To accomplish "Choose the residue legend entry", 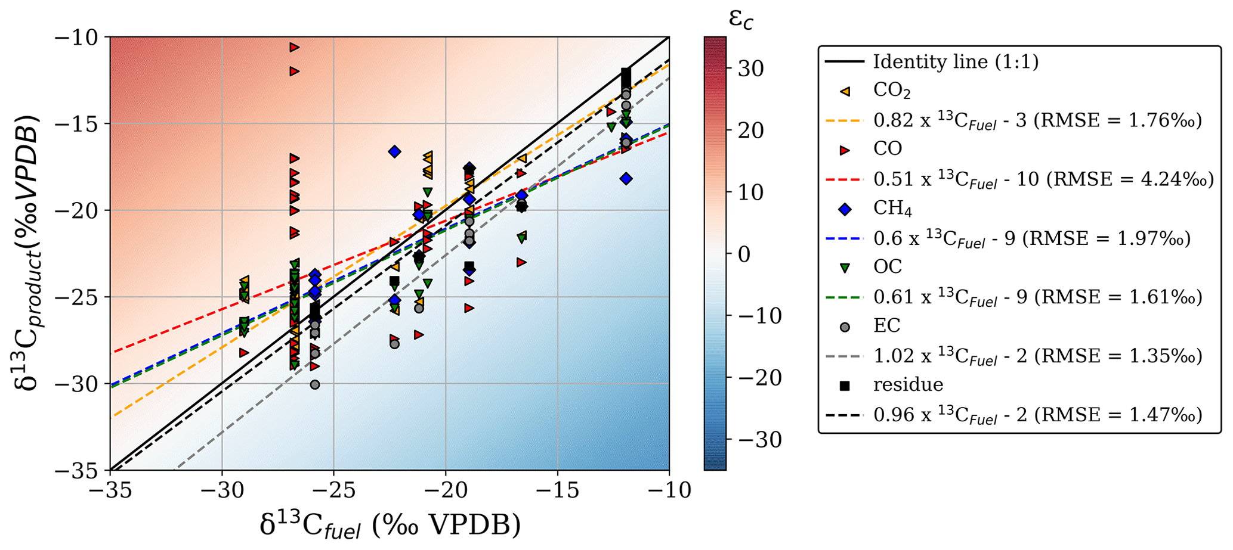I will pyautogui.click(x=908, y=385).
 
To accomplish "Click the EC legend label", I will pyautogui.click(x=886, y=326).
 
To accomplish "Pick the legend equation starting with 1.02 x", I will pyautogui.click(x=1037, y=356).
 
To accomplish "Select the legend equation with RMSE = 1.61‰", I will pyautogui.click(x=1037, y=297).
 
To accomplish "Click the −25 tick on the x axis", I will pyautogui.click(x=334, y=490).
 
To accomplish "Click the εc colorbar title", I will pyautogui.click(x=741, y=20).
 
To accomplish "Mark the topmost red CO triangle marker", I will pyautogui.click(x=294, y=47).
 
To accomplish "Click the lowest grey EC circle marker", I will pyautogui.click(x=315, y=385).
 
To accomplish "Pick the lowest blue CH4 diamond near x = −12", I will pyautogui.click(x=626, y=179).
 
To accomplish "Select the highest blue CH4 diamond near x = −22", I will pyautogui.click(x=394, y=152).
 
